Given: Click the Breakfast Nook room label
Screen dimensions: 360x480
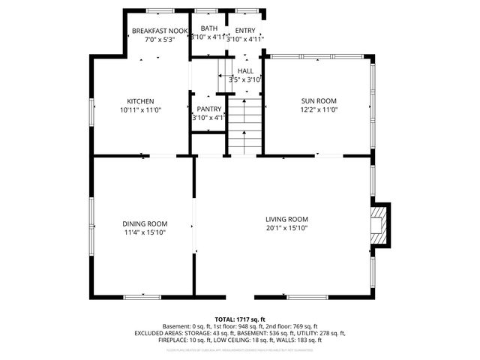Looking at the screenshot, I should point(159,31).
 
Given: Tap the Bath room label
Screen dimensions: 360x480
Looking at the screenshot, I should point(208,28).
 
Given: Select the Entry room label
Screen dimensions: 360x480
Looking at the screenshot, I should point(245,31).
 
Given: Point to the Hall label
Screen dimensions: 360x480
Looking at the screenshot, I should point(245,70).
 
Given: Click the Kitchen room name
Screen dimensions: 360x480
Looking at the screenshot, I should point(140,101).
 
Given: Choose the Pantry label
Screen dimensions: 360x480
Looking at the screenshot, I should point(208,109).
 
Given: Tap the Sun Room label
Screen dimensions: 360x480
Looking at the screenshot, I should point(319,100).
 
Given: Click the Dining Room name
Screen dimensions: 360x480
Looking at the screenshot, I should point(145,223).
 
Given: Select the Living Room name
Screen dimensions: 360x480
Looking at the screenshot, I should point(286,219).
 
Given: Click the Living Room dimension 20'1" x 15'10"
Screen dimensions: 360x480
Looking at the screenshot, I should point(286,228).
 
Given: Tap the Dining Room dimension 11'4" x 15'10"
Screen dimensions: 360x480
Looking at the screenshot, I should point(145,232).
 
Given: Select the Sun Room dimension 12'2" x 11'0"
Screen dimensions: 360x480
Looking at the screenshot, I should point(319,109).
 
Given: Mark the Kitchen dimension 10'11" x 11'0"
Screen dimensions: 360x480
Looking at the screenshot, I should point(140,110).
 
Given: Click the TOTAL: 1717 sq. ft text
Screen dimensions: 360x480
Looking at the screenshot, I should point(240,319).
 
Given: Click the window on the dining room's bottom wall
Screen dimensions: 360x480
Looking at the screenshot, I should point(142,297).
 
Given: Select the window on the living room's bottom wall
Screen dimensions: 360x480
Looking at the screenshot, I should point(307,297).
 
